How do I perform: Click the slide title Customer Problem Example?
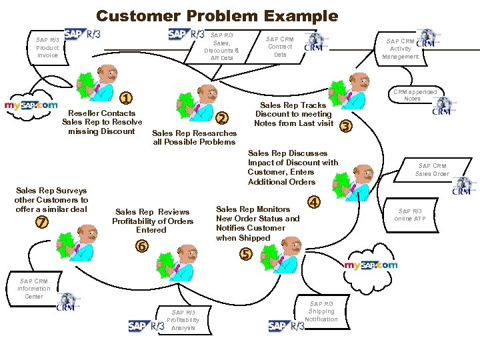[217, 15]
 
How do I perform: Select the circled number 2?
[223, 118]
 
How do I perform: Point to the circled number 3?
[345, 125]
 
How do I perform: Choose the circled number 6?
[141, 245]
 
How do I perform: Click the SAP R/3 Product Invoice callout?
[47, 47]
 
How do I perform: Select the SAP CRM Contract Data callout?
[280, 47]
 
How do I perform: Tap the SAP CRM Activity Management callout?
[400, 49]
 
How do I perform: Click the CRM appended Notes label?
[415, 95]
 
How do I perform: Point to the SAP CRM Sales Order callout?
[431, 170]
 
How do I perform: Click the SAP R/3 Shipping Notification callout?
[321, 311]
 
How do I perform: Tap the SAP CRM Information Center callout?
[33, 289]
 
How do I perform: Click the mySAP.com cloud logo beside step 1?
[31, 105]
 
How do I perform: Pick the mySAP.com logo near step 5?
[371, 265]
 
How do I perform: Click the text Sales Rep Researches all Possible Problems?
[195, 137]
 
